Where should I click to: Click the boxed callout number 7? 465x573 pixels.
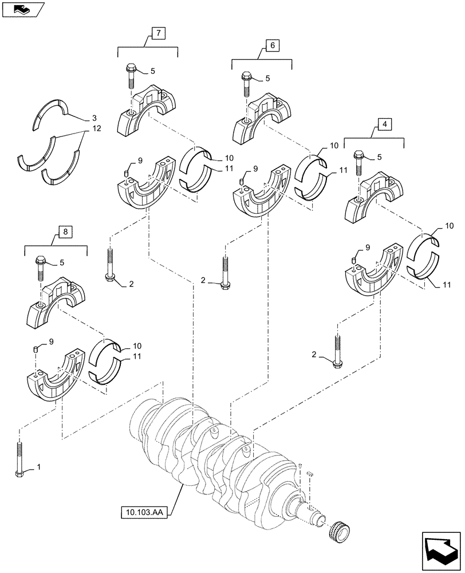coord(159,33)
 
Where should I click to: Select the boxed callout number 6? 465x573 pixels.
coord(271,45)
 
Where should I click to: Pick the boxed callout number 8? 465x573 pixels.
coord(65,231)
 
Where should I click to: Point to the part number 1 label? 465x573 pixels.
coord(38,468)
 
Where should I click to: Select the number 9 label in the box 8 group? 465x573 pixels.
coord(52,342)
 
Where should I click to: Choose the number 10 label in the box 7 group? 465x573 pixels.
coord(212,158)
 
